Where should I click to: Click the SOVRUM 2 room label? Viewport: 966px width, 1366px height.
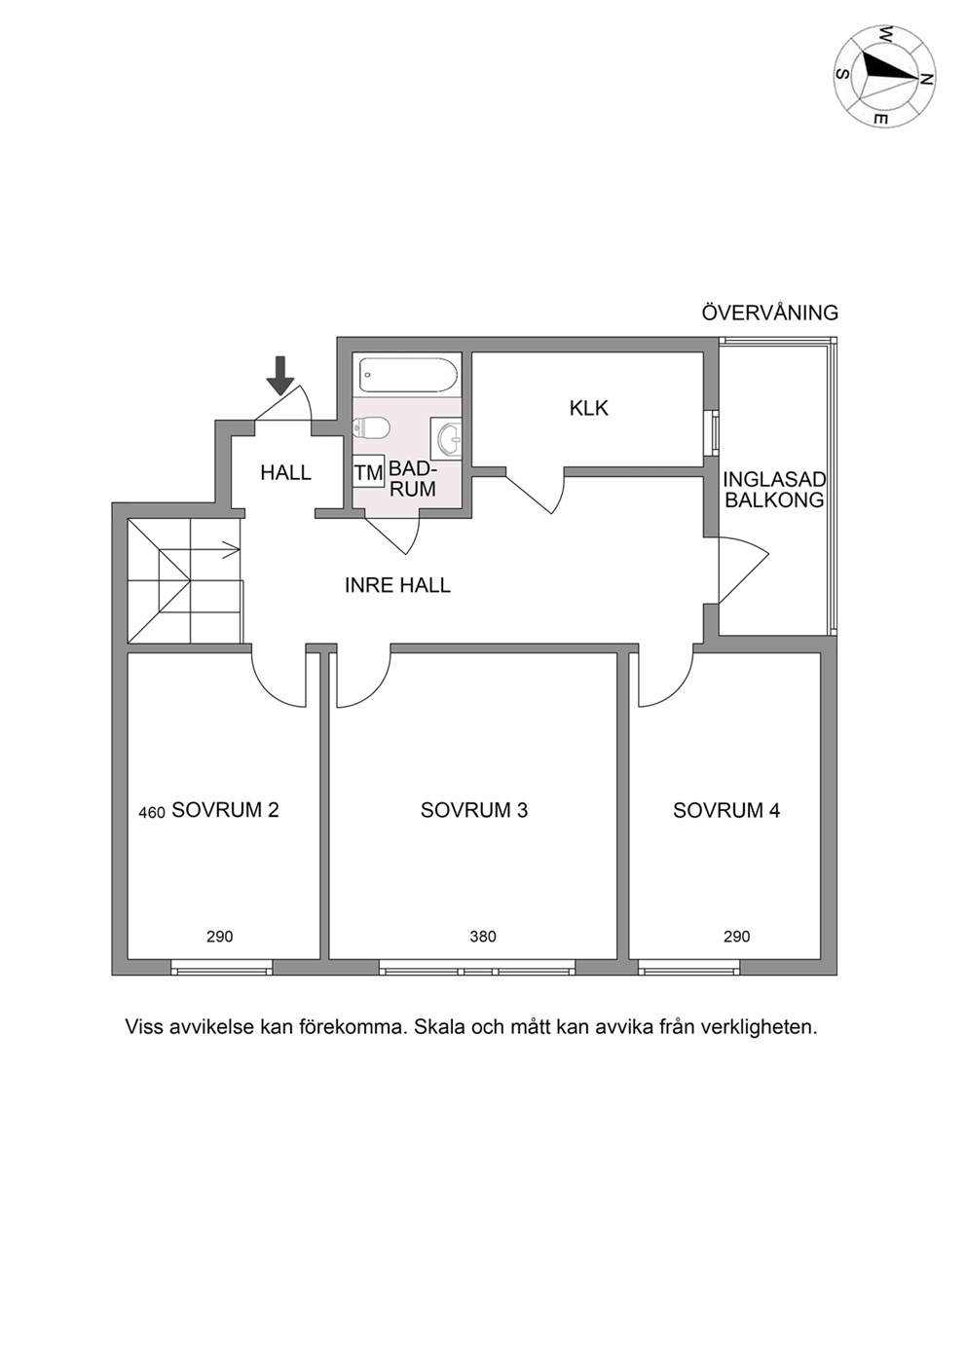226,810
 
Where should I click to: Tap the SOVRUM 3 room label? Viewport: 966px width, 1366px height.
474,810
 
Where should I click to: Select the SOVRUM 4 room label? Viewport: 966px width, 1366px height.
726,810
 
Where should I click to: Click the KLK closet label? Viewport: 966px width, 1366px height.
589,408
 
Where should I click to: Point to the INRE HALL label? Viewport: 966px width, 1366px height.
397,585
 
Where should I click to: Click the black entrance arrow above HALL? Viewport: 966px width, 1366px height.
280,375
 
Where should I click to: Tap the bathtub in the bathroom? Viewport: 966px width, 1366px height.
407,375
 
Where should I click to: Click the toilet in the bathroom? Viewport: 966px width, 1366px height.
371,427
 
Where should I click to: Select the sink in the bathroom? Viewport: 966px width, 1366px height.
446,438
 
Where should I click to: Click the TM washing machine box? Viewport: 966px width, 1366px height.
369,471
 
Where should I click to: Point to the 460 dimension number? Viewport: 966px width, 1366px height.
152,813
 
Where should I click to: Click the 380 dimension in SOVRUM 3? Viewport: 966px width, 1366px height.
483,937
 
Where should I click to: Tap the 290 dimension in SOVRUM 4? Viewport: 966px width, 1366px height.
737,937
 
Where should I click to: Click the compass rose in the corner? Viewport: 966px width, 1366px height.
885,76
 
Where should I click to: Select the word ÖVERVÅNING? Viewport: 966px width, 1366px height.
769,313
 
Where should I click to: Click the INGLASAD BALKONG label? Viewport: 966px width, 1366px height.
774,489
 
